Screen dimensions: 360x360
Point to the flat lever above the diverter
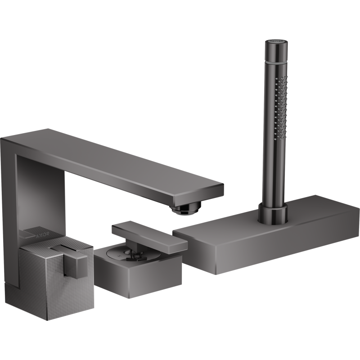pyautogui.click(x=148, y=234)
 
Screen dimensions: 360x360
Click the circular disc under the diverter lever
pyautogui.click(x=130, y=254)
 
